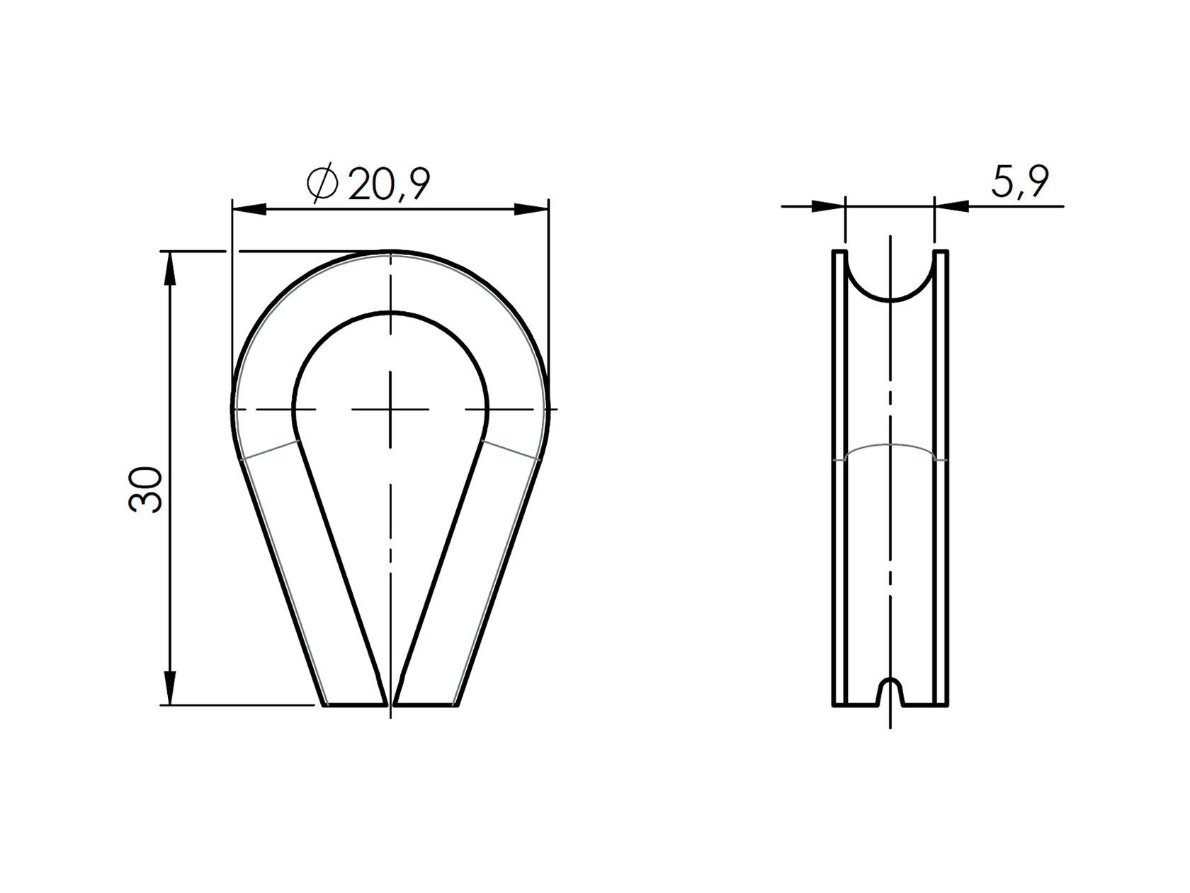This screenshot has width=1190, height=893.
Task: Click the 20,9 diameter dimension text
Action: [389, 186]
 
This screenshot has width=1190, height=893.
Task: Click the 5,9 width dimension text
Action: [1019, 182]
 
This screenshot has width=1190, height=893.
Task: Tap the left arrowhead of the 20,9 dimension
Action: [249, 209]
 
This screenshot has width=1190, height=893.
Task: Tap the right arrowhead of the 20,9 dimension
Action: [531, 209]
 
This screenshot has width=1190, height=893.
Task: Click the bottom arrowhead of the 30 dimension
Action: [169, 687]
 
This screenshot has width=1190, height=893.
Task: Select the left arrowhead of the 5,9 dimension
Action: [828, 206]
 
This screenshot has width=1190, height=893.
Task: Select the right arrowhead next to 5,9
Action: [952, 206]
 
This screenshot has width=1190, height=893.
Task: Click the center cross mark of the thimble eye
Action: [390, 409]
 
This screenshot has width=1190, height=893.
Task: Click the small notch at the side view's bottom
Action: [890, 691]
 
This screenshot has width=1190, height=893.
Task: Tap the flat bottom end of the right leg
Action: [425, 704]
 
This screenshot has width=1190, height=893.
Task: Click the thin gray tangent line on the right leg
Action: [511, 451]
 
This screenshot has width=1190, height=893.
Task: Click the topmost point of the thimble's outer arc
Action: [390, 252]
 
